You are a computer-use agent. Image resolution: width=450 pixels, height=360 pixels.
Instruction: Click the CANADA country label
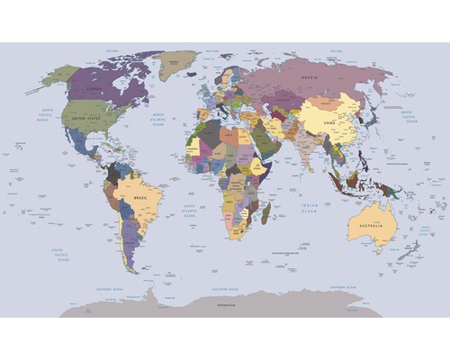pyautogui.click(x=94, y=89)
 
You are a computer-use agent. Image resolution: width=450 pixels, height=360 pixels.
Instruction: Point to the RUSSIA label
pyautogui.click(x=309, y=76)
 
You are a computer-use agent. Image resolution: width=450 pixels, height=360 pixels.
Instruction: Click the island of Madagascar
pyautogui.click(x=265, y=213)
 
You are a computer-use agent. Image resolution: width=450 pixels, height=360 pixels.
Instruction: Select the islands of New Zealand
pyautogui.click(x=411, y=248)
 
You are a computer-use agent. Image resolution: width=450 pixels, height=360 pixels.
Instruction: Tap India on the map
pyautogui.click(x=303, y=148)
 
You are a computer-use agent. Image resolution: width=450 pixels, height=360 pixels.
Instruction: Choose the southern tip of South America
pyautogui.click(x=132, y=267)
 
